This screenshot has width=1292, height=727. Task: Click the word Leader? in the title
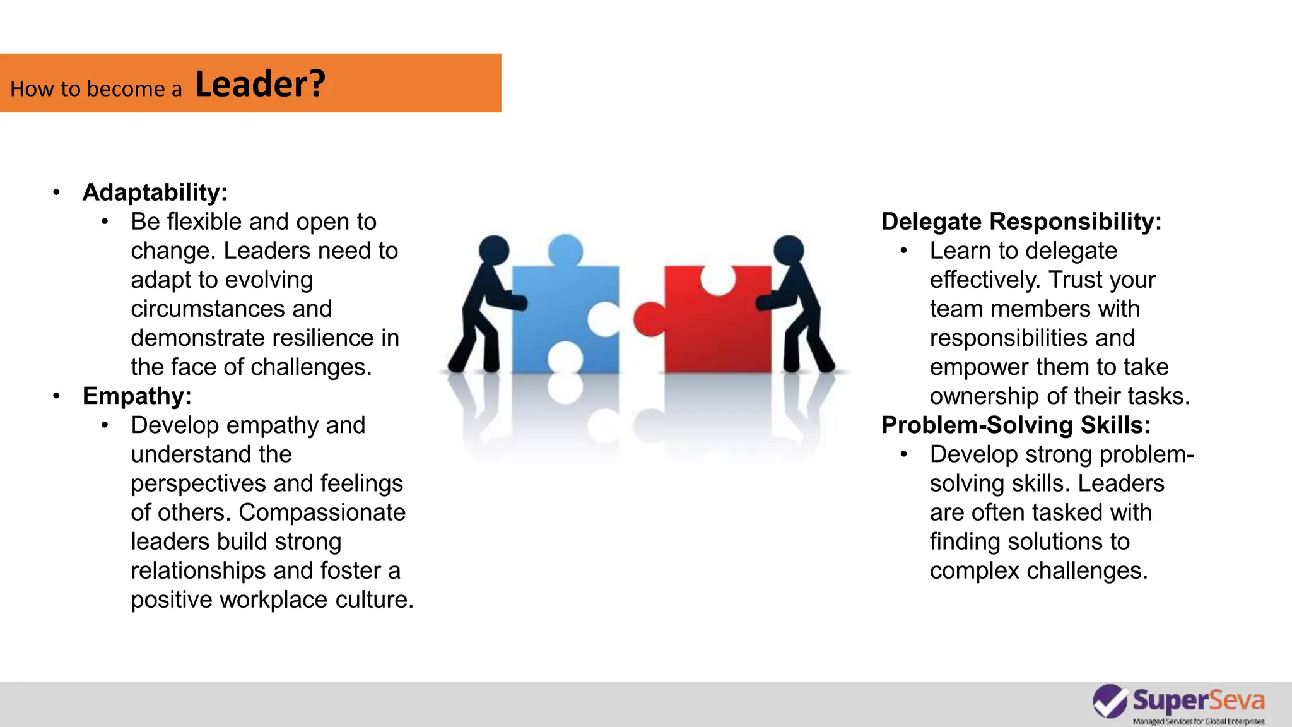point(260,84)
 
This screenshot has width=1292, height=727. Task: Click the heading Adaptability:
point(155,192)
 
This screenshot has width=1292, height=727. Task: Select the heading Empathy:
point(137,396)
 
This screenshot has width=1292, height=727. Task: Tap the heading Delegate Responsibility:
point(1021,222)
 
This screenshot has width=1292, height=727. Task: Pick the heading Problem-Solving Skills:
point(1016,425)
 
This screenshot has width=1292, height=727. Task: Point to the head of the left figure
point(493,250)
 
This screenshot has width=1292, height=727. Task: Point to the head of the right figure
point(789,250)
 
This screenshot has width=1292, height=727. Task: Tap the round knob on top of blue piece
point(565,250)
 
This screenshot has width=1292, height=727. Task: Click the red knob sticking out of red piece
point(648,319)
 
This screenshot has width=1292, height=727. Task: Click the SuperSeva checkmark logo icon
point(1110,701)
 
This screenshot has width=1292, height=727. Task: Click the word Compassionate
point(322,512)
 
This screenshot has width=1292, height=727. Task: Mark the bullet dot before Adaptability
point(57,192)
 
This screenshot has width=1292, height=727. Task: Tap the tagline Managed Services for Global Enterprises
point(1198,721)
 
